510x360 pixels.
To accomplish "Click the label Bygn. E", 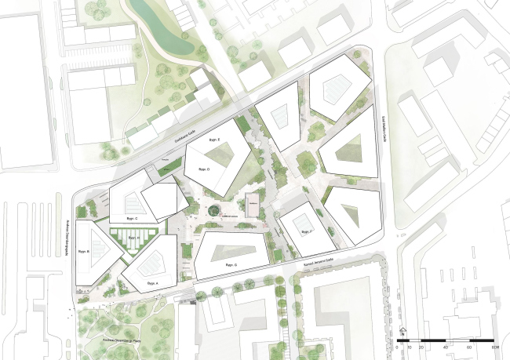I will (x=211, y=138).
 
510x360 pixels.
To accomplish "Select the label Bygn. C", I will (x=131, y=218).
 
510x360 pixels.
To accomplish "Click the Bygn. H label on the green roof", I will (x=133, y=237).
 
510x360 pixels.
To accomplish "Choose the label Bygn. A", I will (x=152, y=282).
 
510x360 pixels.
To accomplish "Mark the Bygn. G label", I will (x=231, y=266).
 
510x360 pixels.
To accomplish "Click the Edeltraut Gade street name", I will (x=167, y=137).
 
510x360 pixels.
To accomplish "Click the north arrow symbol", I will (x=400, y=331).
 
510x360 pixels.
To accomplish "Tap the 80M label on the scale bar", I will (x=495, y=347).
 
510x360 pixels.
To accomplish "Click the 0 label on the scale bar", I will (x=398, y=347).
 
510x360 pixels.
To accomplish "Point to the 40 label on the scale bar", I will (x=446, y=347).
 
